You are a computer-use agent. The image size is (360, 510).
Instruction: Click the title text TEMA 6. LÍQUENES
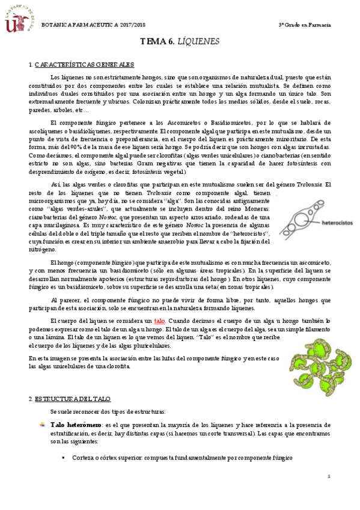(180, 41)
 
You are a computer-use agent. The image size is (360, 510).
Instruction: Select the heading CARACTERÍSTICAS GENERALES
(84, 64)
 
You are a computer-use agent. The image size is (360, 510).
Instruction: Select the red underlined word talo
(159, 321)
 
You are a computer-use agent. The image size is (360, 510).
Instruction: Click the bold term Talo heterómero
(76, 425)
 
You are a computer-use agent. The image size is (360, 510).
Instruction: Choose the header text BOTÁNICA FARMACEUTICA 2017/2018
(93, 23)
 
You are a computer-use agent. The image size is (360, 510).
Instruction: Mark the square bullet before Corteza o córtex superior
(63, 458)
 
